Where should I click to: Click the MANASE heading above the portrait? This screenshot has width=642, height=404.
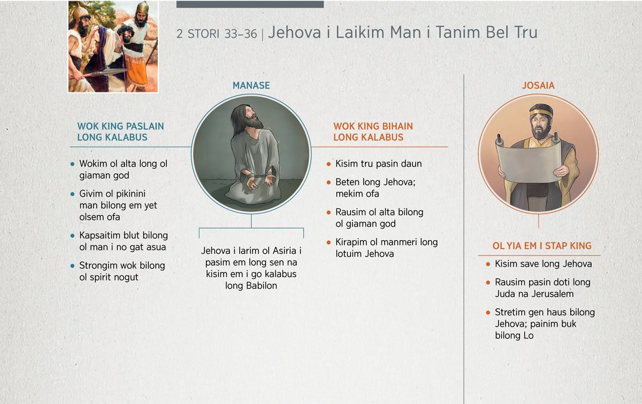pos(251,86)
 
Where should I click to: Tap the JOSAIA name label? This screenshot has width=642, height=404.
pos(538,86)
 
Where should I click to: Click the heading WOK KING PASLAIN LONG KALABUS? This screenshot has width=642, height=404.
pos(120,131)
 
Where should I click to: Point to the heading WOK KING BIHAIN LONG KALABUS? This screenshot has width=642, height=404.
pos(373,131)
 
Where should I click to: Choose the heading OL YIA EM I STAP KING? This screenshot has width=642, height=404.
pos(541,246)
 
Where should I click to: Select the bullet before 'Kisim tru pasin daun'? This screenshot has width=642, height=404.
pos(328,164)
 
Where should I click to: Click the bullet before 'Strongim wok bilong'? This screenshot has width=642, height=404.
pos(73,266)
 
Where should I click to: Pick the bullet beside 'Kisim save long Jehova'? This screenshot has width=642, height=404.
pos(488,264)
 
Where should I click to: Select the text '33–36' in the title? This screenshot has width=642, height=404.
pos(240,34)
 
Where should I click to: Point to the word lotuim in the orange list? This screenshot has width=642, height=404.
pos(348,254)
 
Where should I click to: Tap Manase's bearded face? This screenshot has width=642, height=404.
pos(252,118)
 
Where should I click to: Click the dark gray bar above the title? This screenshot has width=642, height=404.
pos(250,4)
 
